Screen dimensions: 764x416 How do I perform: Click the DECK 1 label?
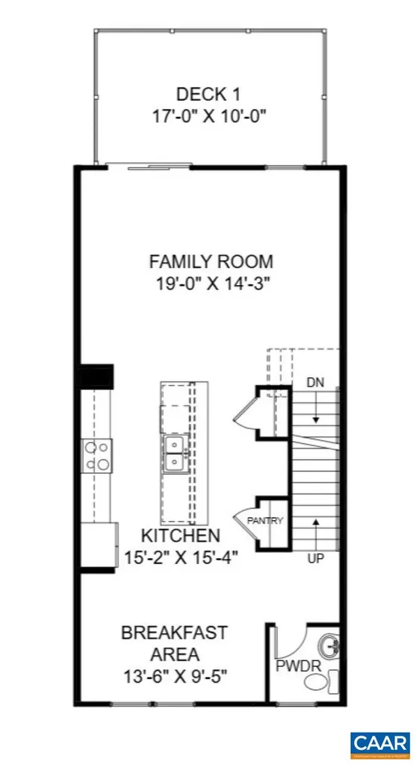pos(210,94)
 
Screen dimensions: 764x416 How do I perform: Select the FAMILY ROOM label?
pos(211,262)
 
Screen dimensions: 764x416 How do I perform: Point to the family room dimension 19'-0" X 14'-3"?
pos(211,284)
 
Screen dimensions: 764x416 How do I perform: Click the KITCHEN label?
pos(181,535)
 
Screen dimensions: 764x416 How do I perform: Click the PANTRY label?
pos(266,521)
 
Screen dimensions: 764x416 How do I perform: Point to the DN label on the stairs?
pos(315,382)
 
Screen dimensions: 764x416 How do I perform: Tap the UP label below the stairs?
pos(315,558)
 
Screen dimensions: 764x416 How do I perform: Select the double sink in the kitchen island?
pos(176,454)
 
